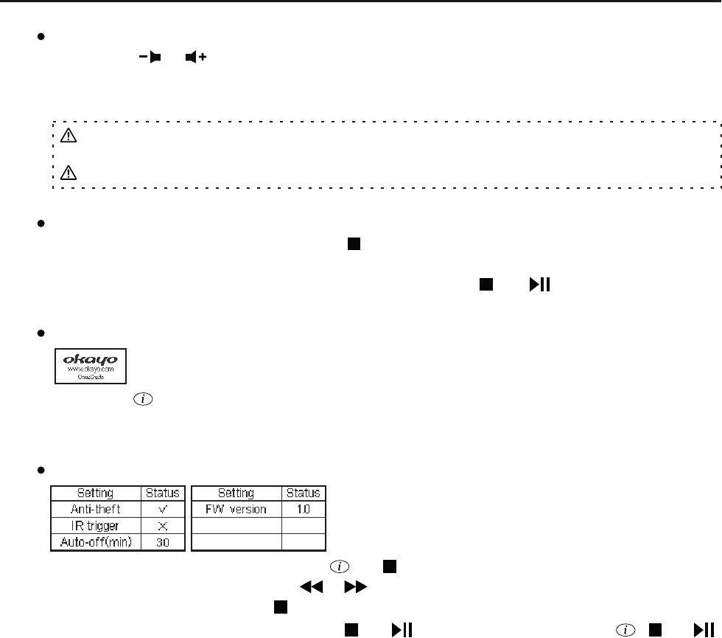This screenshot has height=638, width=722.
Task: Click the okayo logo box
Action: pos(91,366)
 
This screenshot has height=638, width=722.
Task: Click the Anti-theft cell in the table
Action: pos(95,509)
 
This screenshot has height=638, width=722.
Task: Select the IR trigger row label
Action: pos(95,526)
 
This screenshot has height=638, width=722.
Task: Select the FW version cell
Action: pos(236,509)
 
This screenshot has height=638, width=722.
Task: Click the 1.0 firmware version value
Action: pos(303,509)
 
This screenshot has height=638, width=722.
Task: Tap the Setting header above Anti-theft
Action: pos(95,493)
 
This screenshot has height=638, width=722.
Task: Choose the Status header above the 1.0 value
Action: pos(303,493)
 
